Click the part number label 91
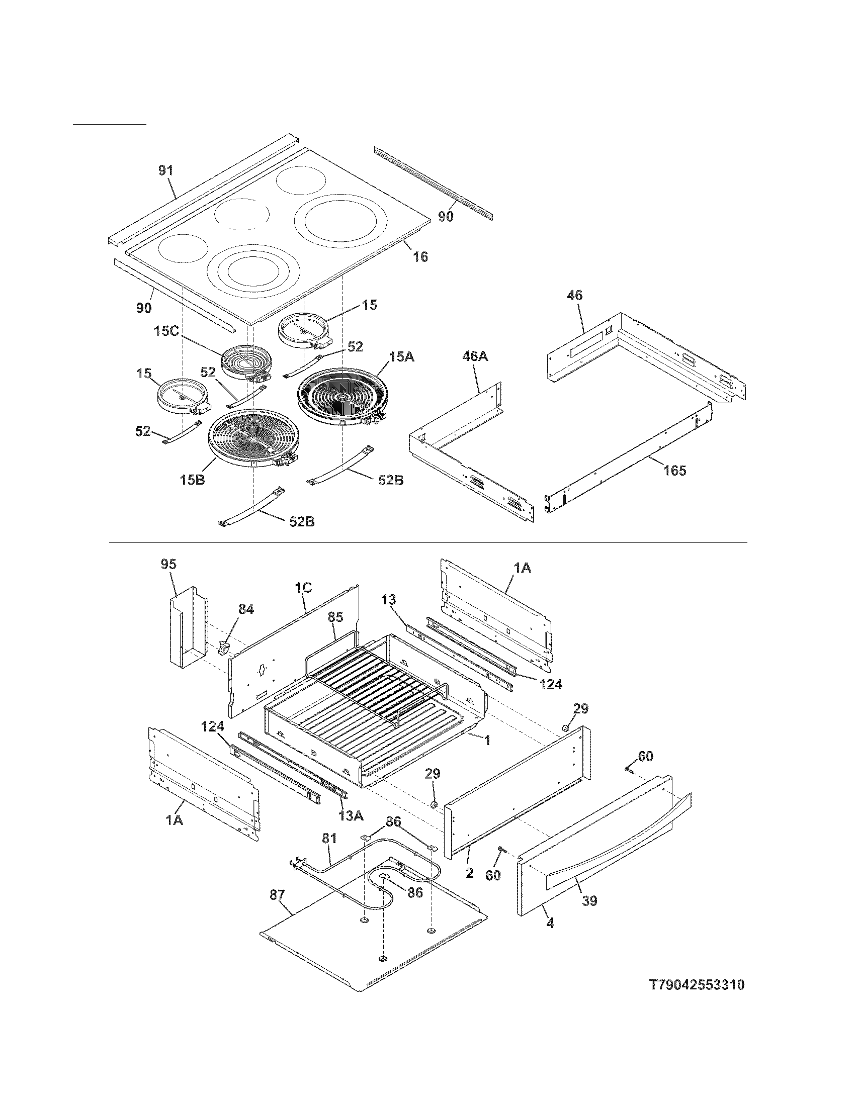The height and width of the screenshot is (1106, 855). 165,170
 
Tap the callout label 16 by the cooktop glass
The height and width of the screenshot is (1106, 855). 420,257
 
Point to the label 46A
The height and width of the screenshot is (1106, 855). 475,356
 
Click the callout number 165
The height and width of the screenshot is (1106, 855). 674,471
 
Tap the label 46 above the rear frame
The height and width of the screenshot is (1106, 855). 575,295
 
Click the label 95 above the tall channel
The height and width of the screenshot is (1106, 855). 168,564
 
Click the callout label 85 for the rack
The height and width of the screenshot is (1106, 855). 335,617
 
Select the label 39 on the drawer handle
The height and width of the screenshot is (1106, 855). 589,901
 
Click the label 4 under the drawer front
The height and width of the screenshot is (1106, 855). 550,924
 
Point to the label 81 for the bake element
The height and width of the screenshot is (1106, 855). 329,838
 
